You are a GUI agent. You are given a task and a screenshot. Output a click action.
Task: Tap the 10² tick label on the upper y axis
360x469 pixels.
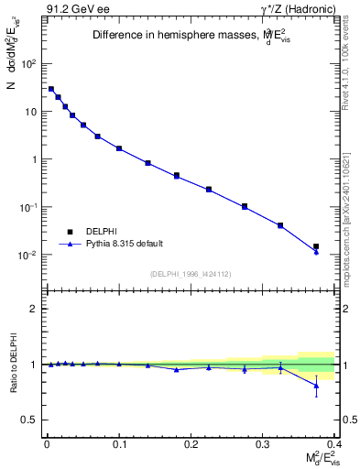click(30, 64)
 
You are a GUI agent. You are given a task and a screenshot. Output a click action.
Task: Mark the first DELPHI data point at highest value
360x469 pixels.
click(51, 89)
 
